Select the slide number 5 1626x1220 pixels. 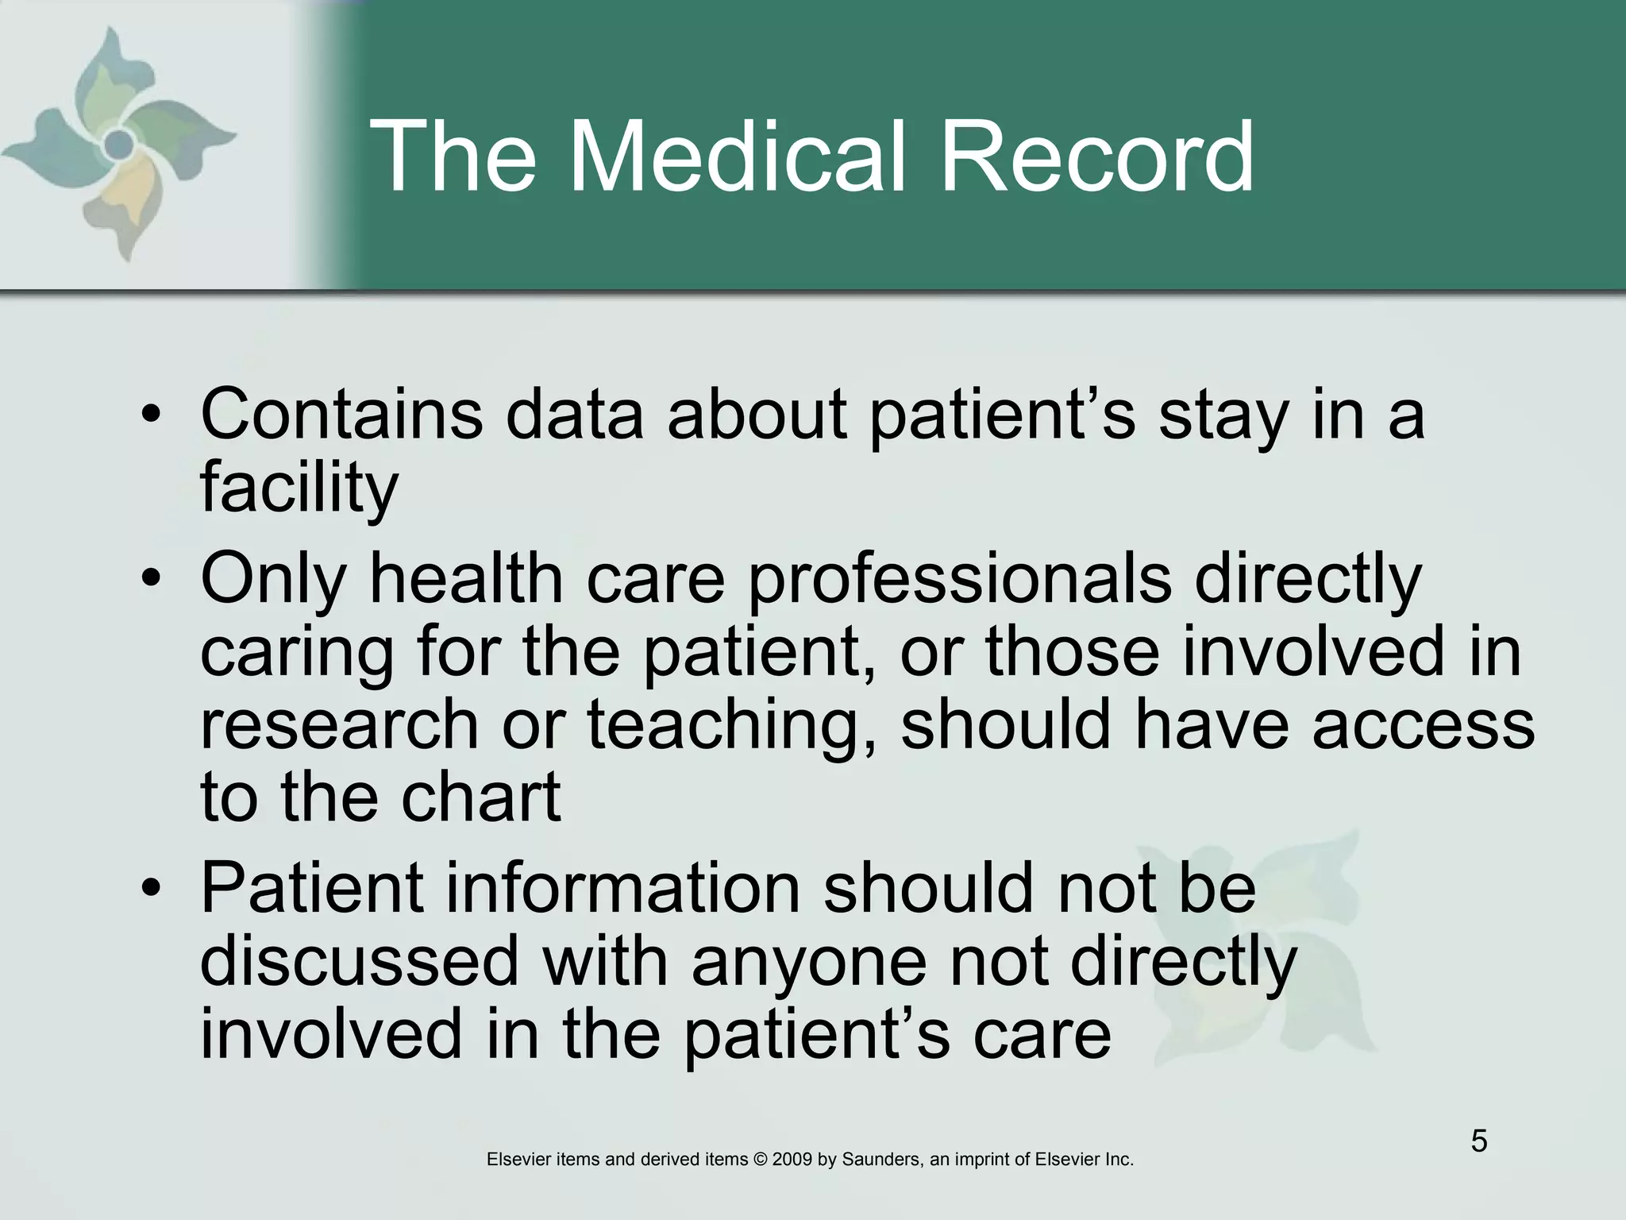coord(1479,1141)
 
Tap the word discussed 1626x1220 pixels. coord(360,961)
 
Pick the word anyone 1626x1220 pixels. coord(809,961)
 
